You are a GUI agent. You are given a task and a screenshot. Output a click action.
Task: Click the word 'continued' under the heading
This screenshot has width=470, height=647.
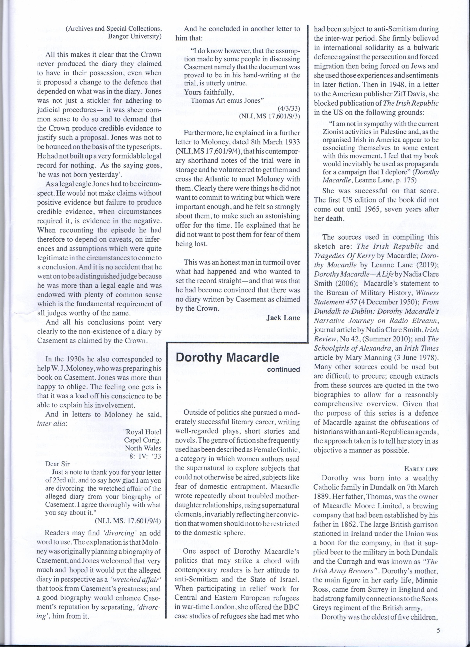(283, 369)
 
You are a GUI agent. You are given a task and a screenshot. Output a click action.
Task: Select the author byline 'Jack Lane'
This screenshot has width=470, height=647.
(283, 318)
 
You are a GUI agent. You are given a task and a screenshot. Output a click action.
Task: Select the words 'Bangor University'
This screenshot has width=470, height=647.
(135, 36)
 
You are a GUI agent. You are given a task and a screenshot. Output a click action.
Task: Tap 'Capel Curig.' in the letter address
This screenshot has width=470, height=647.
(142, 440)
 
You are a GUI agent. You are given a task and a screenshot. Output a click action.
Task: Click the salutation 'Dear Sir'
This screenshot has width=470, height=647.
(57, 464)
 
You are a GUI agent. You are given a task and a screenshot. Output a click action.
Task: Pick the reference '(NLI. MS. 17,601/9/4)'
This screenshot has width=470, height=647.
(128, 521)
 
